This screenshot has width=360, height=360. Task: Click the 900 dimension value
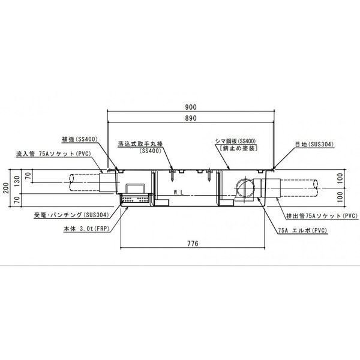(191, 107)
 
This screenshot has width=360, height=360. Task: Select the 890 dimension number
(191, 118)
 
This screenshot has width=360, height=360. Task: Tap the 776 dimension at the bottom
(193, 244)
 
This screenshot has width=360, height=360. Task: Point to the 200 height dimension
(6, 188)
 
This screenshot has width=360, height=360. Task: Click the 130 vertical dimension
(17, 181)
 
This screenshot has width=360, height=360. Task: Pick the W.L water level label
(178, 193)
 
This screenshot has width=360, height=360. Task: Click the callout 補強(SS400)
(80, 139)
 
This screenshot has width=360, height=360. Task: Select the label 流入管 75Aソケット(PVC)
(53, 154)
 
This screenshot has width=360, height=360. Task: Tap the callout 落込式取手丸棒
(140, 144)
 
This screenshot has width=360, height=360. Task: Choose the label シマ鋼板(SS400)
(236, 141)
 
